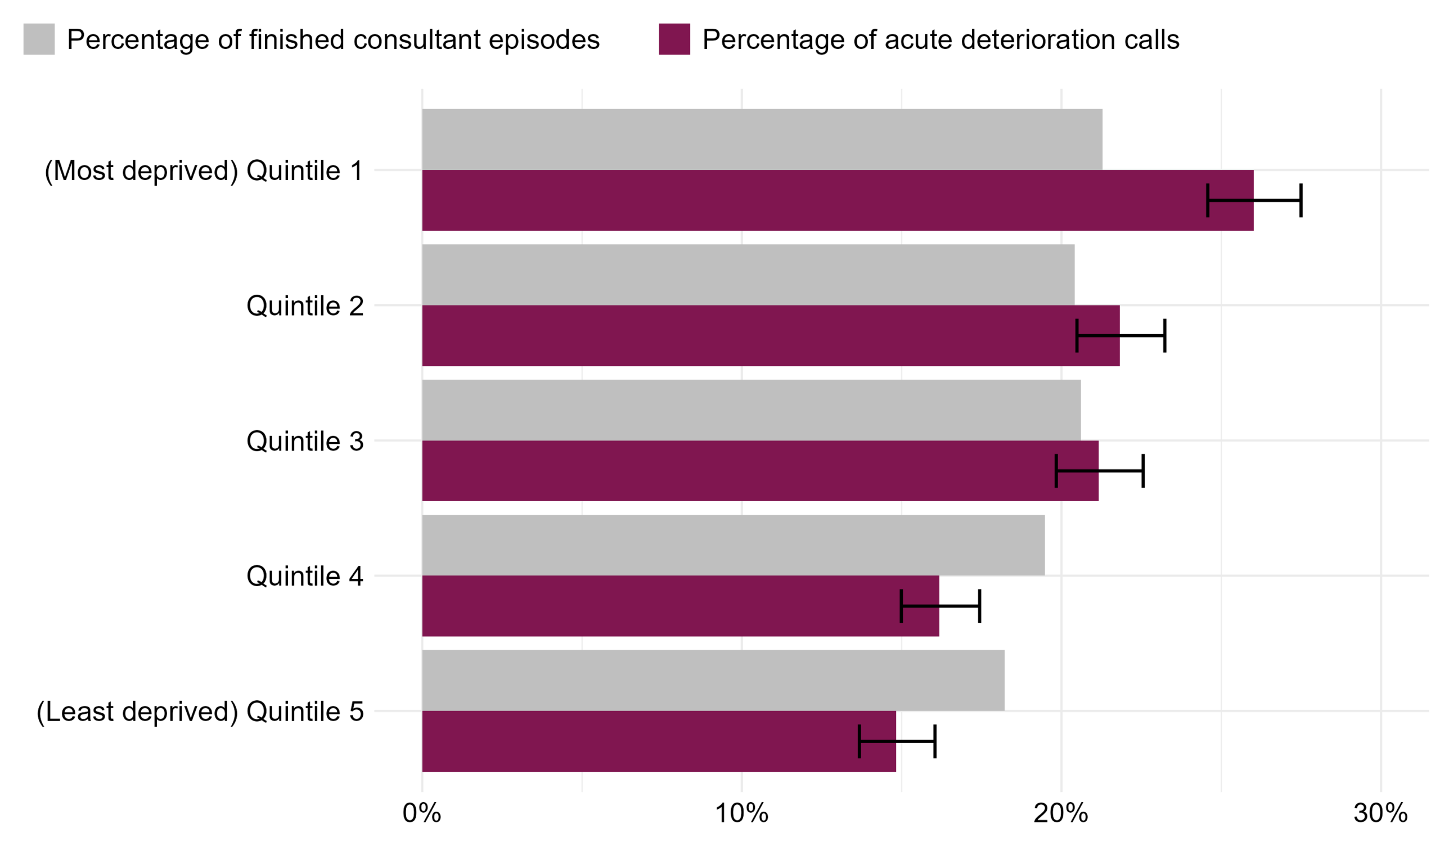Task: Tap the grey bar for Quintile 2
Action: point(748,274)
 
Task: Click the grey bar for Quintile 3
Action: point(751,410)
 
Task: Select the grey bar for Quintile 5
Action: point(713,680)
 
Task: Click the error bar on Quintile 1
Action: point(1254,200)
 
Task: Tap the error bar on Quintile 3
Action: point(1100,471)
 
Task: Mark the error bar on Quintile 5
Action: point(897,741)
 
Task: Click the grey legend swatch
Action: point(39,39)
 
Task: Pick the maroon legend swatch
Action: point(674,39)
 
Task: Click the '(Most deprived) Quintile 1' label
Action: point(204,170)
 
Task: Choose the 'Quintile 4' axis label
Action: point(304,577)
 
